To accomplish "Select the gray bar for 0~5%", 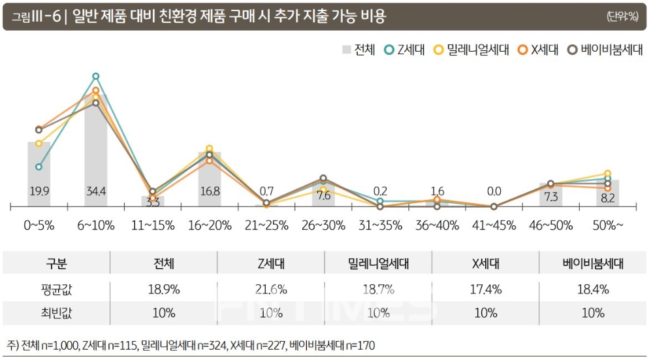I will pyautogui.click(x=39, y=174).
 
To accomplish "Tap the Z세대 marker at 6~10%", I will pyautogui.click(x=96, y=76).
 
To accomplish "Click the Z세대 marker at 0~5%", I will pyautogui.click(x=39, y=167).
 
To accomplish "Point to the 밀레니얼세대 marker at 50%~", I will pyautogui.click(x=608, y=173).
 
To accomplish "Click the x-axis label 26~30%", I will pyautogui.click(x=323, y=225).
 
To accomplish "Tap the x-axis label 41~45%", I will pyautogui.click(x=494, y=225).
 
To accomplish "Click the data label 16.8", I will pyautogui.click(x=210, y=191).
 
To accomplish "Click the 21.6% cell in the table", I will pyautogui.click(x=270, y=289).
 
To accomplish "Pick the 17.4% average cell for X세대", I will pyautogui.click(x=486, y=289).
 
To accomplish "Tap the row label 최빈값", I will pyautogui.click(x=56, y=312).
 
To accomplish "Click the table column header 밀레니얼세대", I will pyautogui.click(x=378, y=264).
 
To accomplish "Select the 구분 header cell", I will pyautogui.click(x=56, y=264).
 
